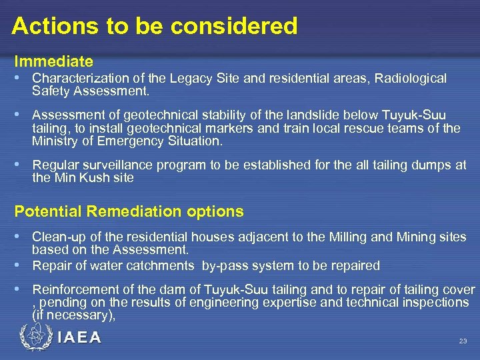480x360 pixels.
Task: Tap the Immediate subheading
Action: click(x=54, y=62)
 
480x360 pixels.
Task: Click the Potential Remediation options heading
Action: click(x=129, y=212)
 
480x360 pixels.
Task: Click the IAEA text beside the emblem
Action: click(x=79, y=338)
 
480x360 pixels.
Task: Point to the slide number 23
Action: click(x=463, y=341)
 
